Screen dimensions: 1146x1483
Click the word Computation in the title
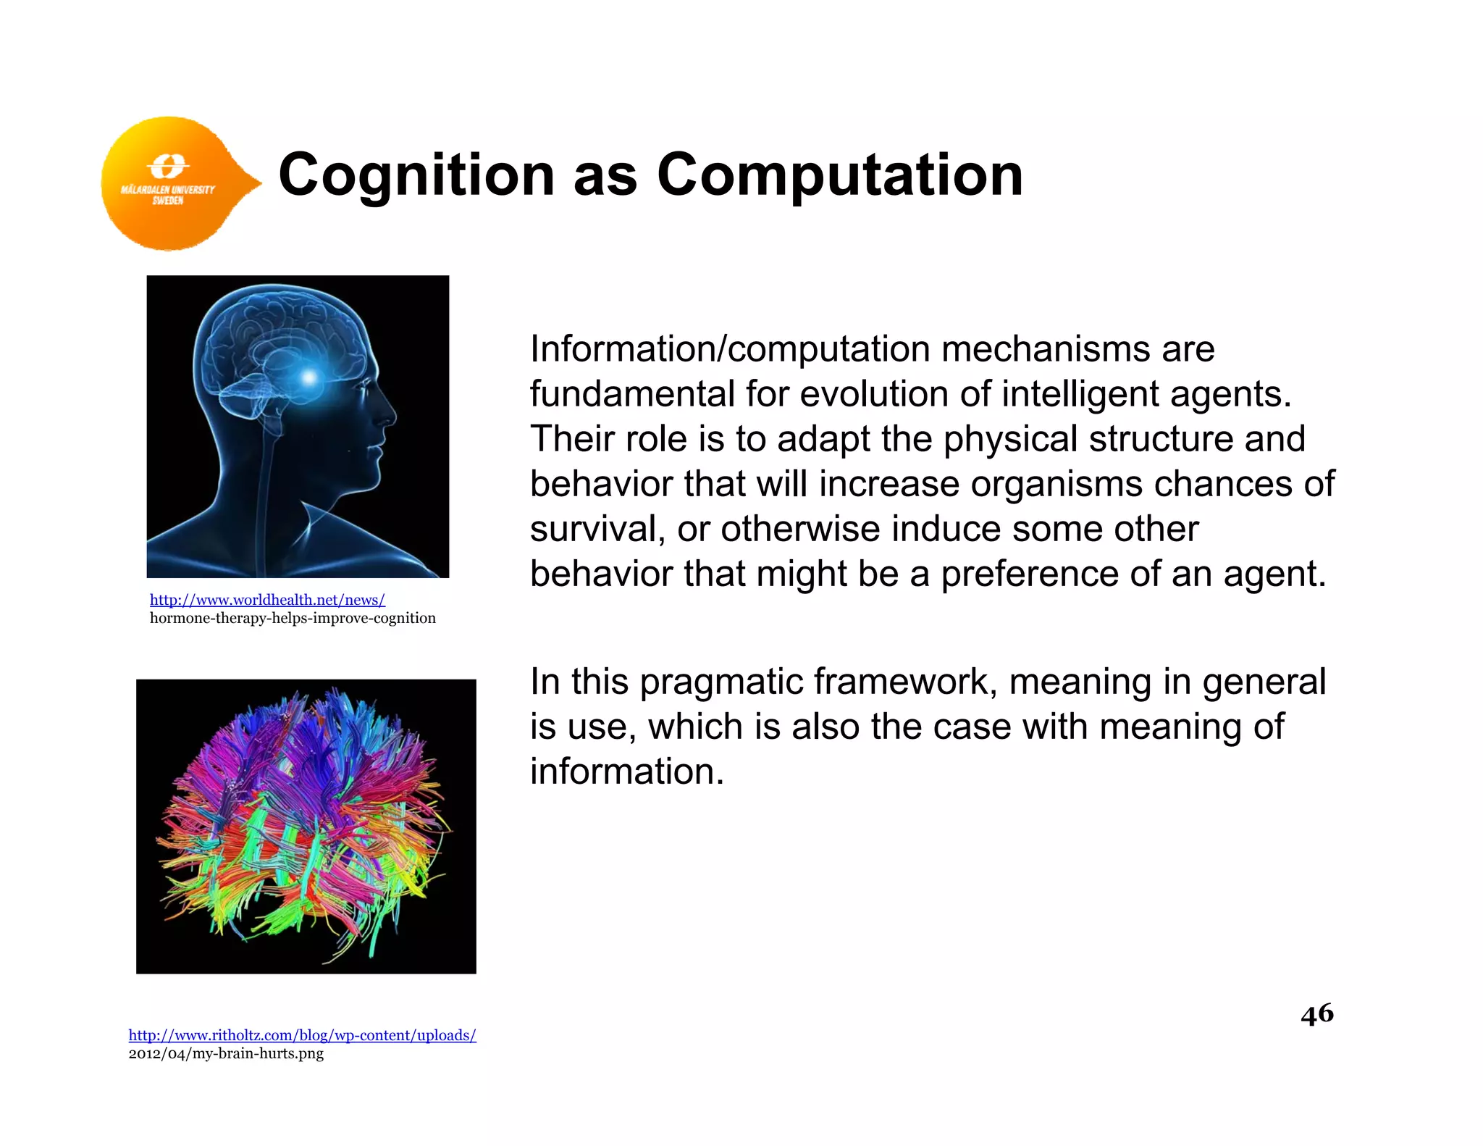point(840,175)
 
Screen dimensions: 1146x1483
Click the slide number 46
point(1316,1013)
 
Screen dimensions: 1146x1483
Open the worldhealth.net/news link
point(267,600)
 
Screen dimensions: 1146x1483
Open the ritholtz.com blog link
point(302,1035)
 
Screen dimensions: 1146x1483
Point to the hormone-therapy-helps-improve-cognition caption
point(293,618)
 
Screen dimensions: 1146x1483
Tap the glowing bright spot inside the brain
point(309,377)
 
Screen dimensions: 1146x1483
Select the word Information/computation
point(730,350)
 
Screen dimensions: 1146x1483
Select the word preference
point(1029,574)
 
